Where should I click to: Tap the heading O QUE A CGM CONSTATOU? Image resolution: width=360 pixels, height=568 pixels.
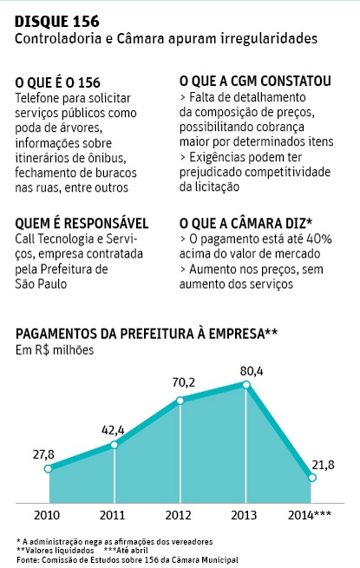[x=254, y=82]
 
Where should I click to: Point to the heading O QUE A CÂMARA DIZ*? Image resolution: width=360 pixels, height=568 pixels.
[x=245, y=223]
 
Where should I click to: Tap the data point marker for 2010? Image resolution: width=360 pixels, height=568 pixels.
[x=49, y=469]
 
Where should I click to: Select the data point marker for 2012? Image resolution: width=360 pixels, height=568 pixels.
[x=180, y=400]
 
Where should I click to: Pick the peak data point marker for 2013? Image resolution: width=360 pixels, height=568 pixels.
[x=246, y=384]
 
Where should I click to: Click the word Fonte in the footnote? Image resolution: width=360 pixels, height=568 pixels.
[x=28, y=560]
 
